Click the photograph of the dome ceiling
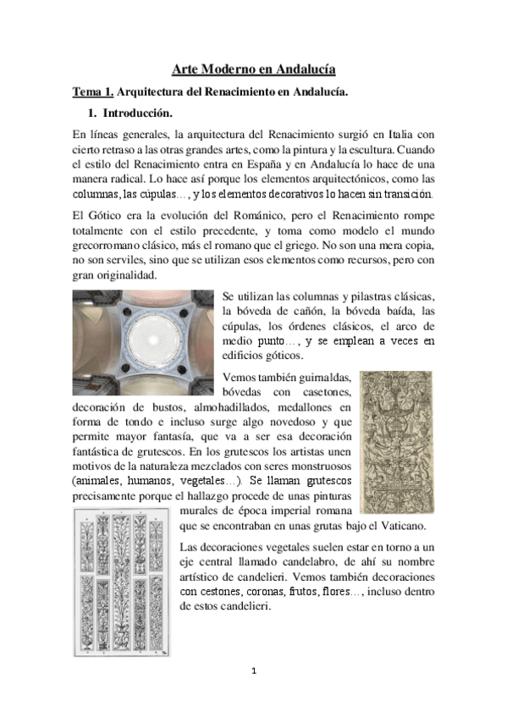click(142, 334)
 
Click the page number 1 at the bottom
click(253, 672)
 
